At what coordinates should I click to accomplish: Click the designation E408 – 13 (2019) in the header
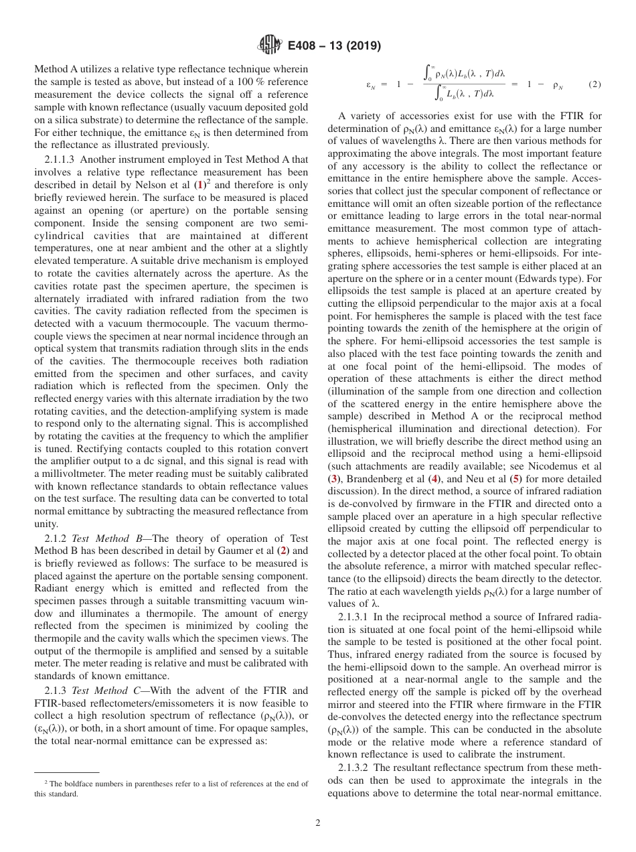pos(334,46)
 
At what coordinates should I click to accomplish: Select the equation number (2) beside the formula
pos(594,85)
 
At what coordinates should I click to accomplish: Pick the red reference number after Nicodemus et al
pos(333,479)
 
